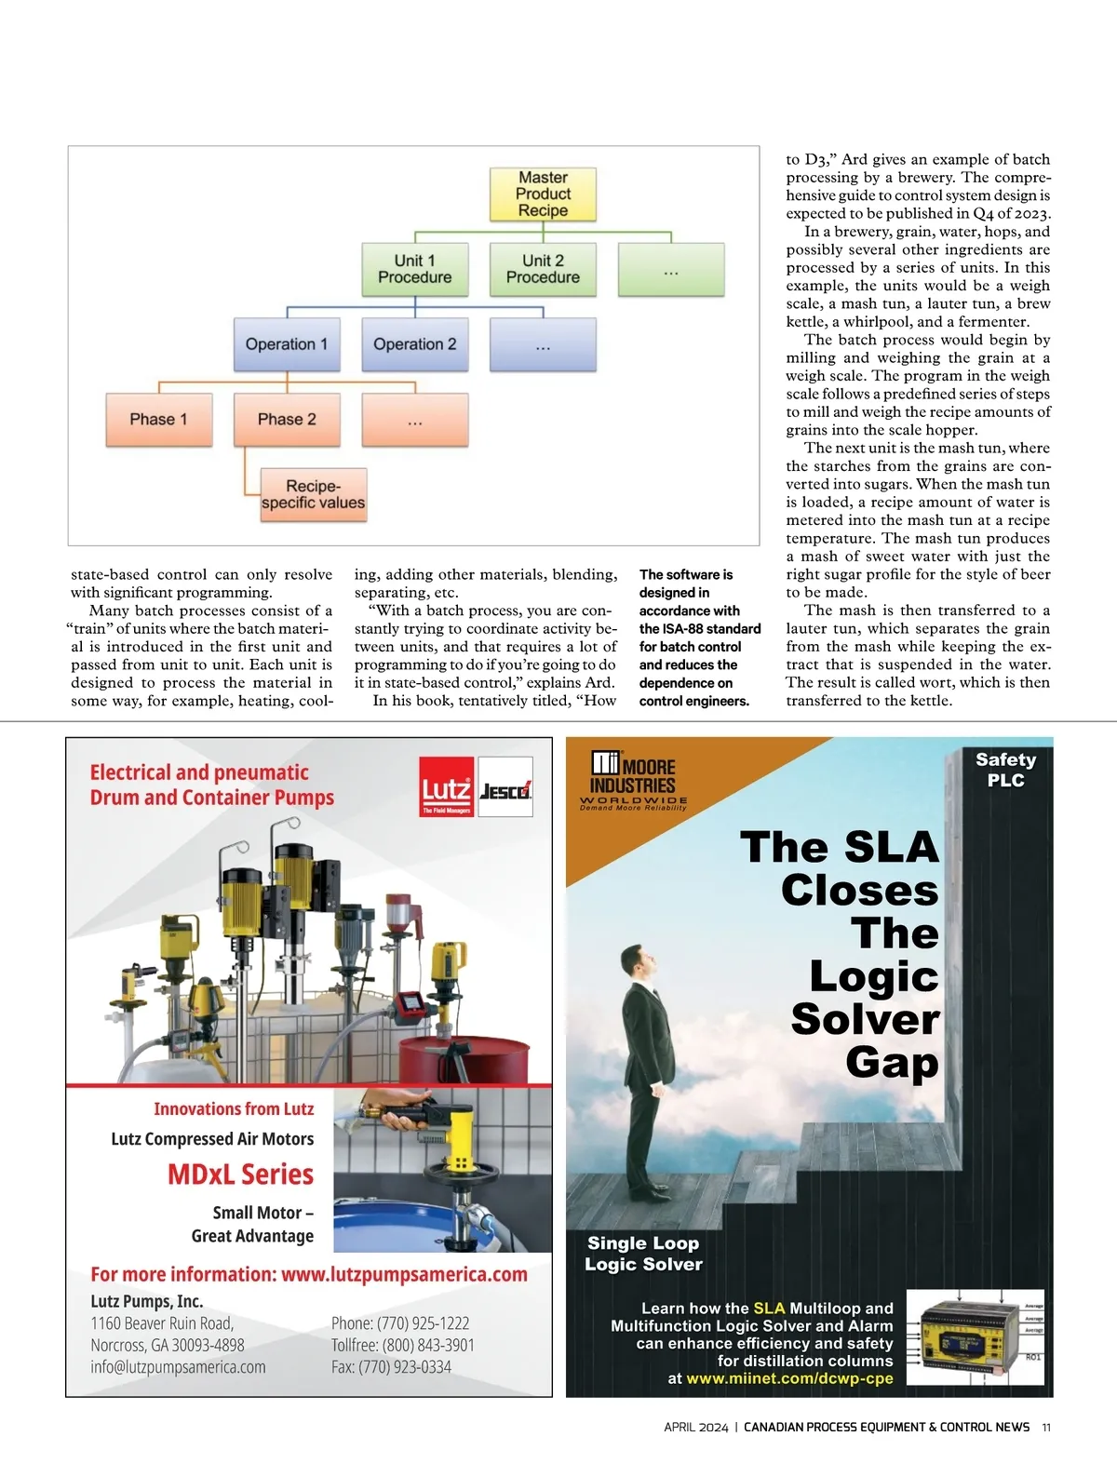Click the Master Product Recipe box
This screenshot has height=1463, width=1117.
pyautogui.click(x=543, y=194)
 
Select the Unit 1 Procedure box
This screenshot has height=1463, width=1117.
pyautogui.click(x=415, y=269)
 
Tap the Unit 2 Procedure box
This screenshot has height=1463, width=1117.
pyautogui.click(x=543, y=269)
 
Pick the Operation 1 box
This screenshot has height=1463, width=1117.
pyautogui.click(x=287, y=344)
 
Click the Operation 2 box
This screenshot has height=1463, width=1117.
pyautogui.click(x=415, y=344)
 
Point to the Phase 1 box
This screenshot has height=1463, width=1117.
pyautogui.click(x=159, y=419)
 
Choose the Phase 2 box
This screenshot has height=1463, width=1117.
pyautogui.click(x=287, y=419)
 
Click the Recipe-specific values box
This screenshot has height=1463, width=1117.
pyautogui.click(x=314, y=494)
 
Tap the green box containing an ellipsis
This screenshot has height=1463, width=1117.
pyautogui.click(x=671, y=269)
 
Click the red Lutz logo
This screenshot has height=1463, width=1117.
pyautogui.click(x=447, y=787)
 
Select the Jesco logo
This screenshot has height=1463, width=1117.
pyautogui.click(x=505, y=790)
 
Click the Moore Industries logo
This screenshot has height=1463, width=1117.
pyautogui.click(x=634, y=780)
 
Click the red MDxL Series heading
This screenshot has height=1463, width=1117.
pyautogui.click(x=240, y=1174)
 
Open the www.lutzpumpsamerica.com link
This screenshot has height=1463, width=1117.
pyautogui.click(x=404, y=1274)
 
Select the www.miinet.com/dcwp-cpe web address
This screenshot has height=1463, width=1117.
pyautogui.click(x=789, y=1378)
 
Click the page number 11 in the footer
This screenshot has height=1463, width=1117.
pyautogui.click(x=1046, y=1427)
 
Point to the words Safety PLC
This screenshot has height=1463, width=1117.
pyautogui.click(x=1005, y=770)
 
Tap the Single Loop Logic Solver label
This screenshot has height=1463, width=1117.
pyautogui.click(x=643, y=1253)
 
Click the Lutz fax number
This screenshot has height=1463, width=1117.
pyautogui.click(x=391, y=1367)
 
